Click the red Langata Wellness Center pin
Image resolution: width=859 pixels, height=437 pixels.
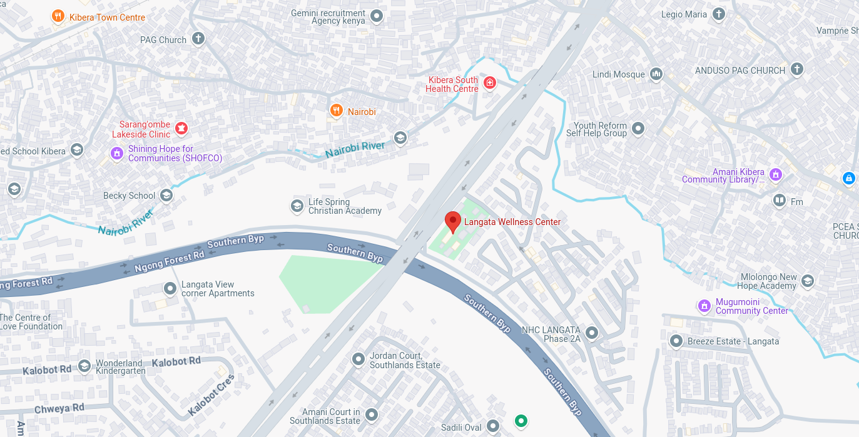tap(453, 221)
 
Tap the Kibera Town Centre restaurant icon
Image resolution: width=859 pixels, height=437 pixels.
tap(58, 16)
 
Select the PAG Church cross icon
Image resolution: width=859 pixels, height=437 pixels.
tap(198, 39)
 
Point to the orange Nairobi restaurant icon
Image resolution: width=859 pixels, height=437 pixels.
tap(337, 111)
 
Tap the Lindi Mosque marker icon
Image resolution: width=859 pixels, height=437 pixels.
tap(656, 74)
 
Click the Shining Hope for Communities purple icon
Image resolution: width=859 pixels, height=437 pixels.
tap(116, 153)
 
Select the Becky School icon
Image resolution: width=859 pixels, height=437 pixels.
tap(166, 196)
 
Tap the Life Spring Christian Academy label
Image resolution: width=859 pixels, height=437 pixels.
tap(345, 206)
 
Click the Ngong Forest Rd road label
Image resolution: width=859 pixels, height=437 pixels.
tap(169, 259)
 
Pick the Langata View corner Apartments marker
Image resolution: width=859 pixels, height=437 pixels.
tap(170, 289)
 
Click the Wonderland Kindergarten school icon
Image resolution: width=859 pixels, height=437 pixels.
tap(84, 366)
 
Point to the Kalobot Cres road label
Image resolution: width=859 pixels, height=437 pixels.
tap(211, 395)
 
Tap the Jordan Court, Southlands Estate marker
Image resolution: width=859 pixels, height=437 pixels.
tap(358, 359)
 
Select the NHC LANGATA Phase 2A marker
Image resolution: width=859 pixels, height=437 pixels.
tap(591, 333)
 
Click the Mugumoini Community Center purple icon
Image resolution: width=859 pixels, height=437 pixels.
tap(705, 306)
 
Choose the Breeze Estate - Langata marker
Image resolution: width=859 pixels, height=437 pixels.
tap(676, 341)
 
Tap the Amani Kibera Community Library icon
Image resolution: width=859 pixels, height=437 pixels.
tap(776, 175)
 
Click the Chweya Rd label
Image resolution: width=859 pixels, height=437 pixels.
tap(59, 408)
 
